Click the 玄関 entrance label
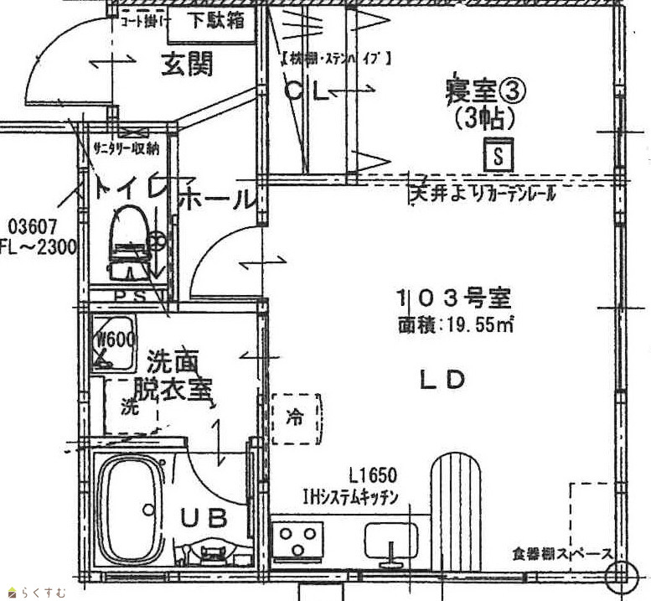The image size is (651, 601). click(x=186, y=64)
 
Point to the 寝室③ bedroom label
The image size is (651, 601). click(x=478, y=89)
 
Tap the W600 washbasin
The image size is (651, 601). click(x=113, y=344)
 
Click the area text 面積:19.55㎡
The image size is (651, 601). click(x=456, y=324)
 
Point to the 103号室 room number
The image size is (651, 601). click(x=453, y=298)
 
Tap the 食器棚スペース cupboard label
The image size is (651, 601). click(x=564, y=554)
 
